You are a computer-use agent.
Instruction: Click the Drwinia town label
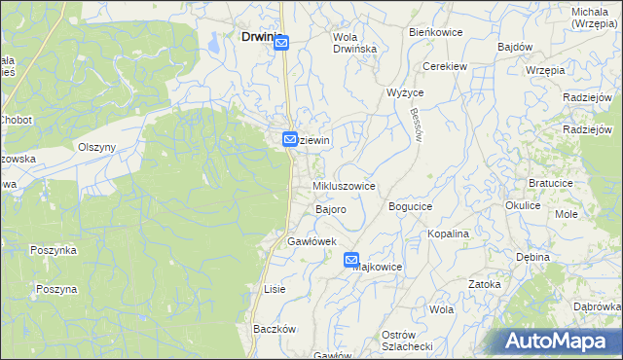(255, 37)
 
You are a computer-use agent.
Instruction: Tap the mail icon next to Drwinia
(281, 43)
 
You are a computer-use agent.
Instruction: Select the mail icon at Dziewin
(290, 140)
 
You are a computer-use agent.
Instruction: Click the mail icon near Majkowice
(351, 260)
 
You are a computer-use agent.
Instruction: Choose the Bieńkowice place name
(435, 32)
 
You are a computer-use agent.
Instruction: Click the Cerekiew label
(440, 66)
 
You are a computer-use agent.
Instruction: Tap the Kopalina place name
(449, 234)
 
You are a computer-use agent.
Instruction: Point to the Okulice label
(523, 206)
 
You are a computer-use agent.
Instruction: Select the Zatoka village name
(484, 284)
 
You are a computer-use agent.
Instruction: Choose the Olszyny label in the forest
(96, 147)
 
